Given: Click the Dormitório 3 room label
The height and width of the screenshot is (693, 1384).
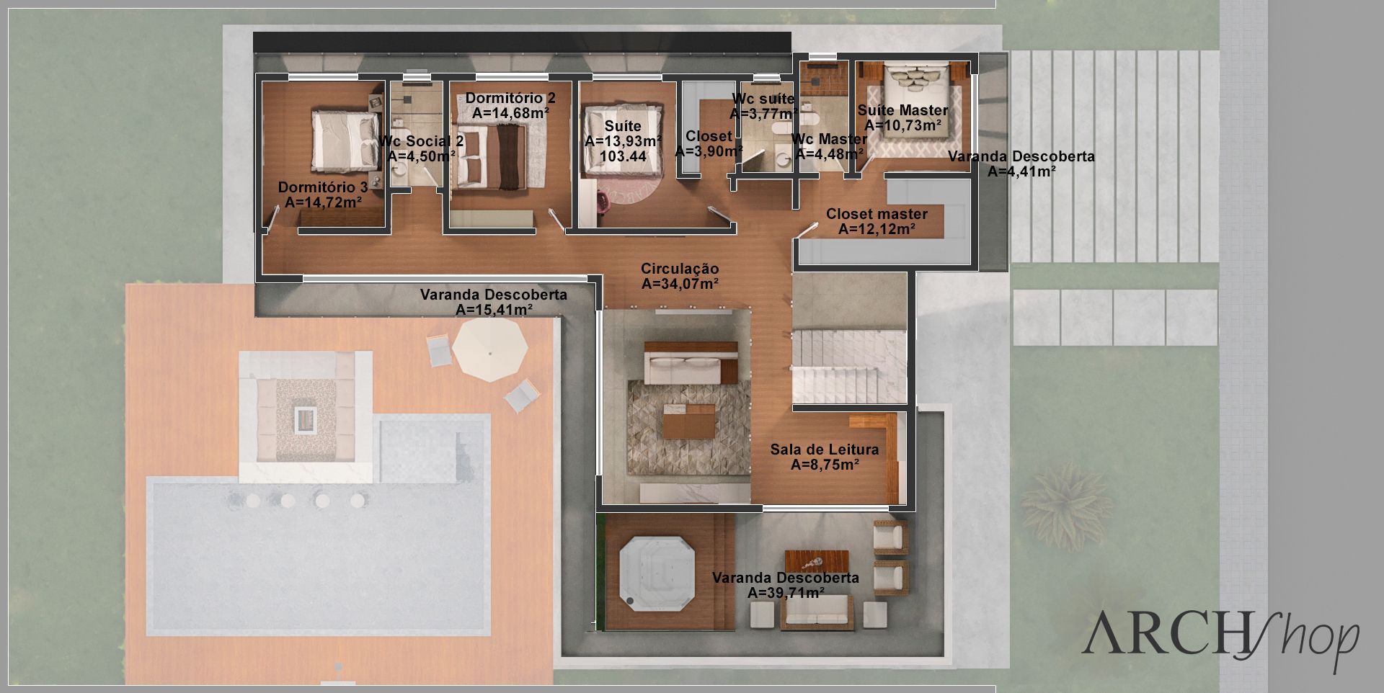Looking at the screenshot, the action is click(x=323, y=187).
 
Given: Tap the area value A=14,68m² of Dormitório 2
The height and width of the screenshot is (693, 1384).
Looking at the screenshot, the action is click(x=511, y=113).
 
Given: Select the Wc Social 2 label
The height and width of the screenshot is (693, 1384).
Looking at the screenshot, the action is click(x=421, y=141).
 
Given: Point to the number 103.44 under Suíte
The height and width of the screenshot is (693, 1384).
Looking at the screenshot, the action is click(x=623, y=156).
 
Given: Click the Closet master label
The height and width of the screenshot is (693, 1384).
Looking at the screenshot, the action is click(x=877, y=214).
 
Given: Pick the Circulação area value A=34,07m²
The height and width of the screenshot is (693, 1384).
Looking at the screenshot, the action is click(x=680, y=284).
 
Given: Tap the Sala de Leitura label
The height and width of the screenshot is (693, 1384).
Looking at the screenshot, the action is click(x=825, y=450).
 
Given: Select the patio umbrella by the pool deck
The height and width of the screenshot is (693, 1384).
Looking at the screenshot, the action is click(x=490, y=350).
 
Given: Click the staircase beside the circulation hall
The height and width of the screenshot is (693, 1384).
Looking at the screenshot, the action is click(x=849, y=367).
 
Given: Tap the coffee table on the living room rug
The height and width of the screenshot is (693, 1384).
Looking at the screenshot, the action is click(x=689, y=421).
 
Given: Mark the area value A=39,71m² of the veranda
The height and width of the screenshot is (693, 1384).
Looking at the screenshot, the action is click(x=786, y=593).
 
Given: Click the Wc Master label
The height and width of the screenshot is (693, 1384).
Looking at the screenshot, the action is click(x=829, y=139).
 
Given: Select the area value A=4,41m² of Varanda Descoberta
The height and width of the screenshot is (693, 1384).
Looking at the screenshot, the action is click(x=1021, y=171).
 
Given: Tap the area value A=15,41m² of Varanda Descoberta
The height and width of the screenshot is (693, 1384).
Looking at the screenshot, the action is click(x=494, y=310).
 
